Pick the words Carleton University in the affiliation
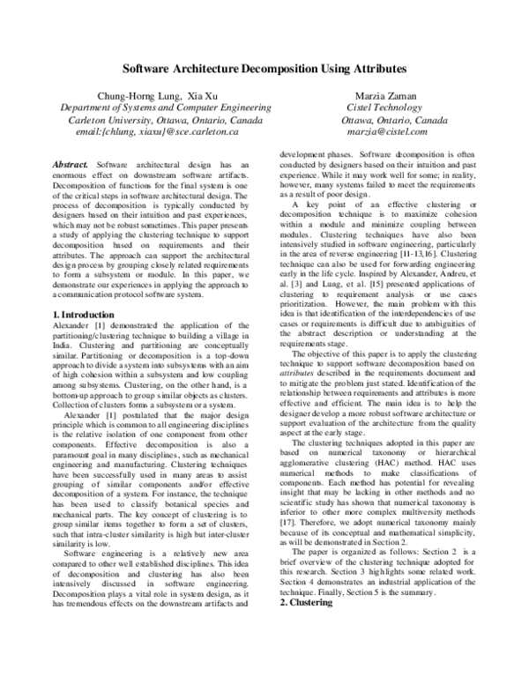(x=94, y=119)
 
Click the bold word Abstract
(x=70, y=165)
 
